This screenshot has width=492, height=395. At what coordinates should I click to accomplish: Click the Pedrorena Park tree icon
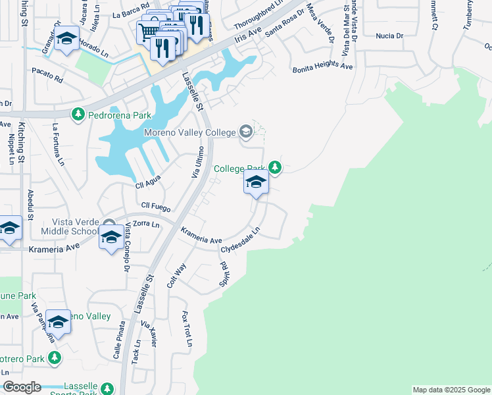tap(78, 115)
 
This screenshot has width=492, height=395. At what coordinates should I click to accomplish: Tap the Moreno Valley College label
tap(189, 133)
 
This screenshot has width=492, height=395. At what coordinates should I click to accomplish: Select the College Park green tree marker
tap(277, 169)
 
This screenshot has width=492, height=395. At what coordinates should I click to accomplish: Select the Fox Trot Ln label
tap(187, 329)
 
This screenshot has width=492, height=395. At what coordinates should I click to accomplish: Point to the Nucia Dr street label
tap(389, 38)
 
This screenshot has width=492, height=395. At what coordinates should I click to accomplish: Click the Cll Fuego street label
tap(156, 207)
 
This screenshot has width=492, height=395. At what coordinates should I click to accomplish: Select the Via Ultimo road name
tap(198, 162)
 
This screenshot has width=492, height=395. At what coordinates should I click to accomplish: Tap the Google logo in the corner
tap(22, 386)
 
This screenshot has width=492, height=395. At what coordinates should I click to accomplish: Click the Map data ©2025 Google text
tap(451, 390)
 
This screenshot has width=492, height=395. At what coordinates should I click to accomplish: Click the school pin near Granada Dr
tap(66, 38)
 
